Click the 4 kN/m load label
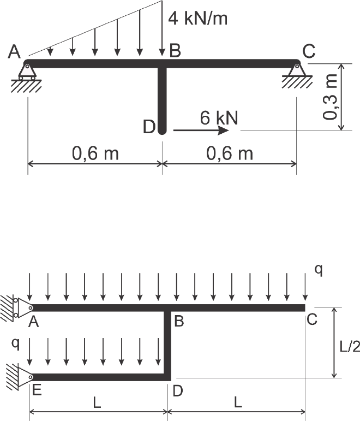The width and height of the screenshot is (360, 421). pyautogui.click(x=197, y=19)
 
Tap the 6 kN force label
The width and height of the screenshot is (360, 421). pyautogui.click(x=219, y=117)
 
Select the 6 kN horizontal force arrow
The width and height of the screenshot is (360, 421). pyautogui.click(x=201, y=131)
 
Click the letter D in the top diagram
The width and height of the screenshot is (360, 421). pyautogui.click(x=149, y=127)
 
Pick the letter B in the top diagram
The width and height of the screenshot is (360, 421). pyautogui.click(x=175, y=50)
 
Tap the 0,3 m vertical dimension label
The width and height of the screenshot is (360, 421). pyautogui.click(x=330, y=97)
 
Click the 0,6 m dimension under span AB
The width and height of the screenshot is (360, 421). pyautogui.click(x=95, y=153)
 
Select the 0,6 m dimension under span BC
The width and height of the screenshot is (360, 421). pyautogui.click(x=230, y=153)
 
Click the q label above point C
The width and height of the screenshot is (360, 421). pyautogui.click(x=319, y=270)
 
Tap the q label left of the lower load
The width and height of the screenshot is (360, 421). pyautogui.click(x=16, y=343)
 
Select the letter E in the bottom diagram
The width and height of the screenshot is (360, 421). pyautogui.click(x=37, y=390)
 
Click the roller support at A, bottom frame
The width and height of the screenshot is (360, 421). pyautogui.click(x=18, y=307)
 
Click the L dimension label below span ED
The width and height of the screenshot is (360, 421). pyautogui.click(x=97, y=402)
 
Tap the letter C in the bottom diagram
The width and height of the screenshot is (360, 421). pyautogui.click(x=312, y=319)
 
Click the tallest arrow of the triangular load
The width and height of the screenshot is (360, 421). pyautogui.click(x=162, y=28)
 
